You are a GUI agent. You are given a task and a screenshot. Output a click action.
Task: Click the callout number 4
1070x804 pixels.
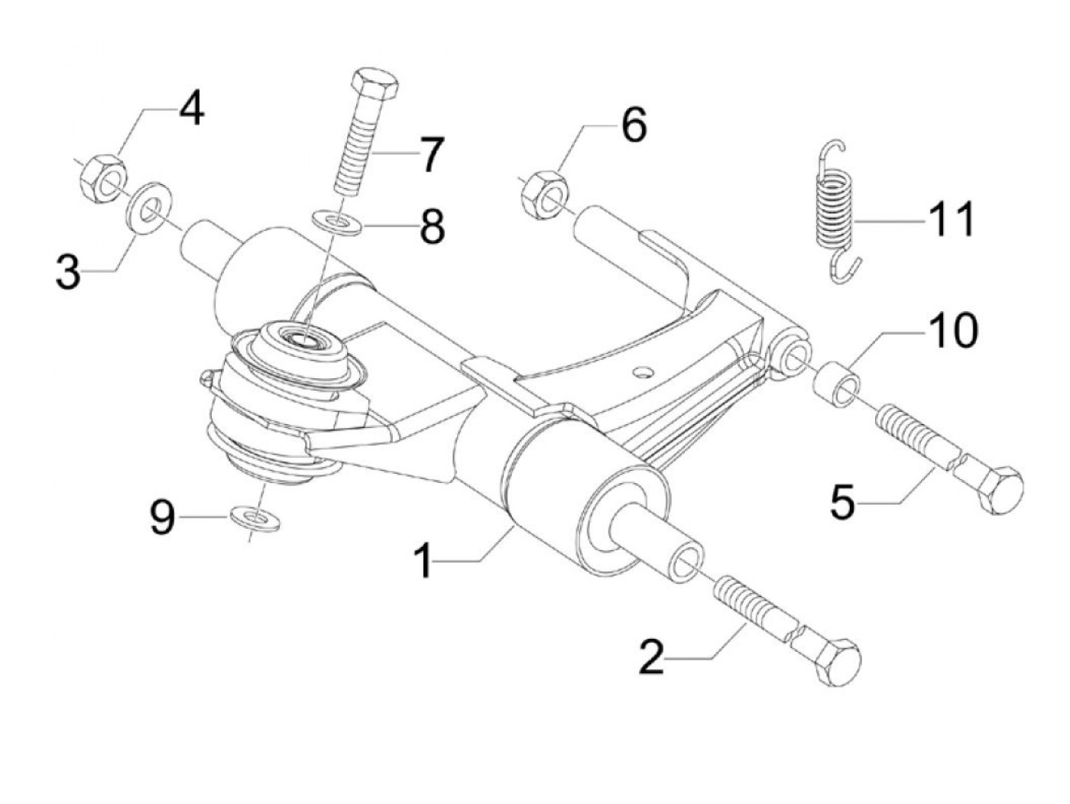pos(191,109)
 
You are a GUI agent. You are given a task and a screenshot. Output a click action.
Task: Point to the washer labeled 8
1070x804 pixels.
pos(337,222)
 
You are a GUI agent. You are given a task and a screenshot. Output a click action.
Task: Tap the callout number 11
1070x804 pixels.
pos(952,220)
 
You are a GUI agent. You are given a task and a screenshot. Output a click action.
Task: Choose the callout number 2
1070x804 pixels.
pos(652,656)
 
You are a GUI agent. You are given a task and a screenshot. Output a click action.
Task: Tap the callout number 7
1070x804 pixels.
pos(430,155)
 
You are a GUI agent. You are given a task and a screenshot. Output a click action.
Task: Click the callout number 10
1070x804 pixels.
pos(952,331)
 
